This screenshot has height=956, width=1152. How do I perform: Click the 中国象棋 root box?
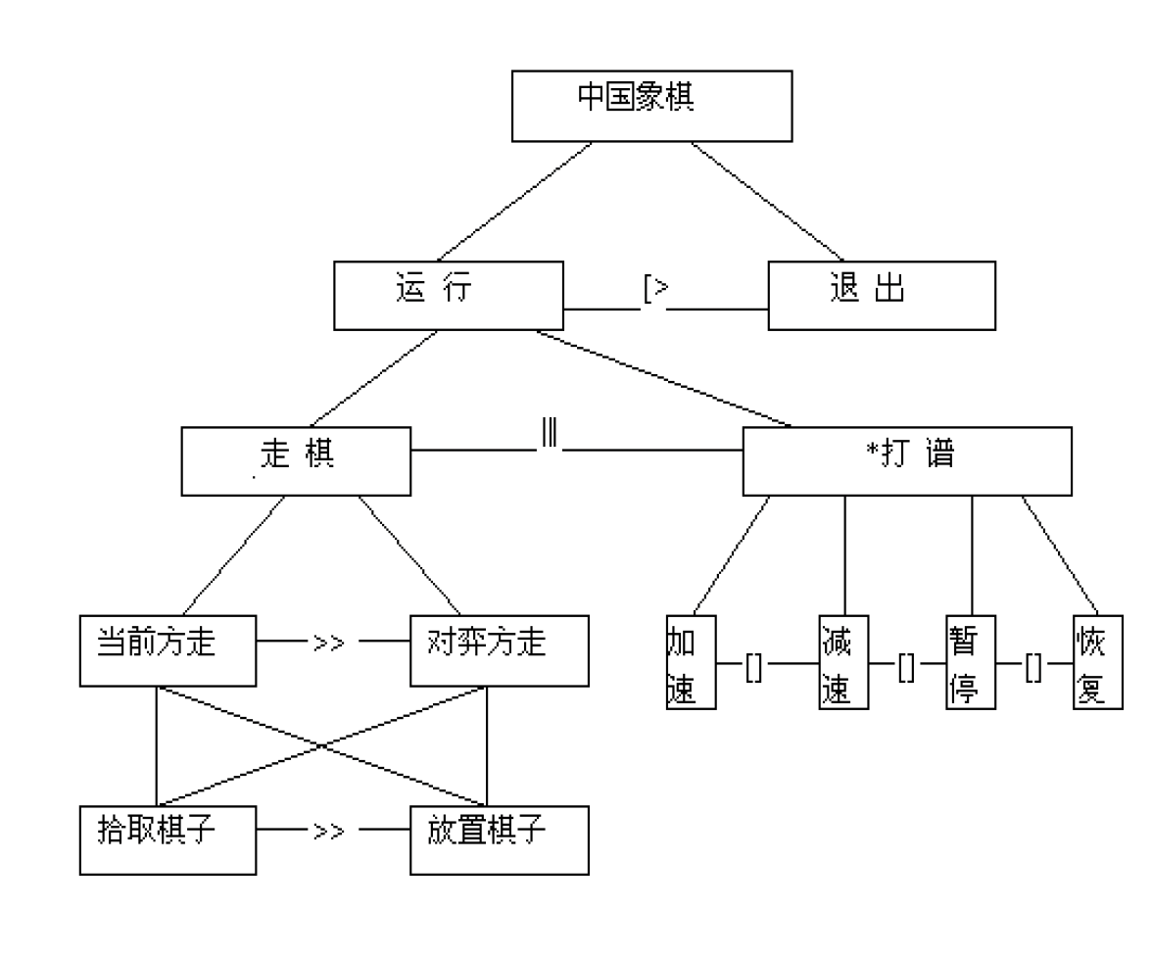(x=651, y=105)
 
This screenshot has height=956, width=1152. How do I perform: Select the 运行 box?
(x=449, y=294)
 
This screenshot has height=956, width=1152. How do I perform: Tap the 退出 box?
(x=882, y=294)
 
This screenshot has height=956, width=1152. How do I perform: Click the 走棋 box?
(x=297, y=460)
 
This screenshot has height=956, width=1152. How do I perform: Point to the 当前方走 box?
(x=168, y=649)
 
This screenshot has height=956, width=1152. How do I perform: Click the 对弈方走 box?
(x=500, y=649)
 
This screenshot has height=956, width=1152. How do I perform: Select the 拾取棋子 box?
(x=168, y=838)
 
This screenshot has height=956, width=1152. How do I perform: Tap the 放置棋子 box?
(x=500, y=838)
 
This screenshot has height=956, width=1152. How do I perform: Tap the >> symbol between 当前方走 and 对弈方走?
(x=328, y=645)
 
